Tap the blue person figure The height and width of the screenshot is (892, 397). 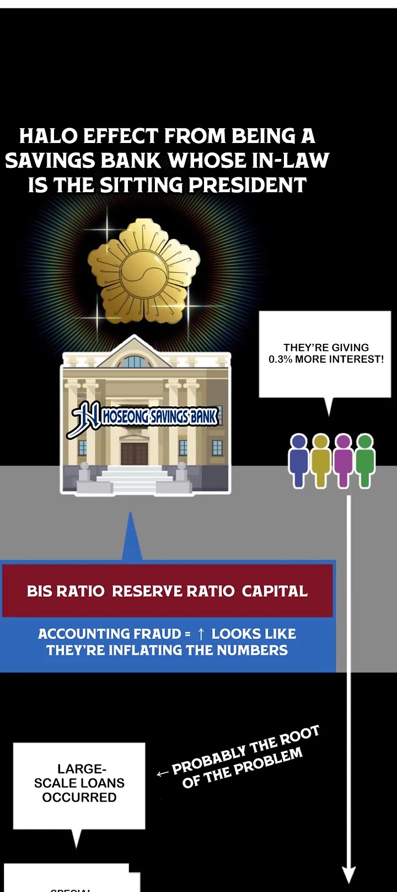(298, 460)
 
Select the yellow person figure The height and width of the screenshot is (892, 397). (320, 460)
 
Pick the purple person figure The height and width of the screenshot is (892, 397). (343, 460)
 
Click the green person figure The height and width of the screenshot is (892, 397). (365, 460)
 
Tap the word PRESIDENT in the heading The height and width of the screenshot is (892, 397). (248, 185)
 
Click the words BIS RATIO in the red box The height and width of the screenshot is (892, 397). (65, 591)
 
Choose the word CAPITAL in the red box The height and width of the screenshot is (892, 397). (275, 591)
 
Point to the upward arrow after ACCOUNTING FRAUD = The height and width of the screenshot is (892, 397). (201, 634)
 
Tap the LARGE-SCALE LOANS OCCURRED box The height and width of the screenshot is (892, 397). (79, 784)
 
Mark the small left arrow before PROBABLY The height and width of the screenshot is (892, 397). (162, 774)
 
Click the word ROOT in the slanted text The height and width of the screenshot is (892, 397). (299, 737)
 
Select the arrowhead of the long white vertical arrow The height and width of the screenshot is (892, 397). (348, 874)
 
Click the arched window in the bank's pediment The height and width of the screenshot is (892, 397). (134, 362)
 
